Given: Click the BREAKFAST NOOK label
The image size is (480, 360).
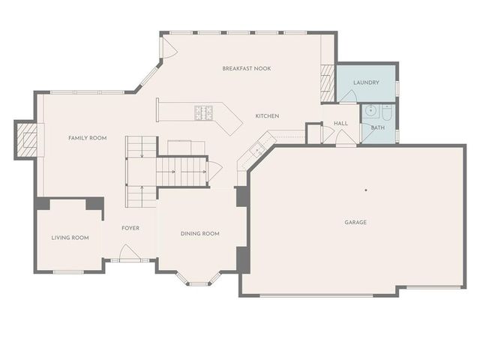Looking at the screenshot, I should (246, 68).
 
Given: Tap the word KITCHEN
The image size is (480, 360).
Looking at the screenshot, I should (267, 116).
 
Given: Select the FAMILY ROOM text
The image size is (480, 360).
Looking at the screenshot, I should (88, 138).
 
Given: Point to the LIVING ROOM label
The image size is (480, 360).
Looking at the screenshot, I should (70, 238).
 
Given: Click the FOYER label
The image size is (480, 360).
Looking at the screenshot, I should (130, 228).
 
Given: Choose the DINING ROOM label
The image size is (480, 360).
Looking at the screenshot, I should (200, 234).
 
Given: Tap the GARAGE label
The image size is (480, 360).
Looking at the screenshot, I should (355, 222).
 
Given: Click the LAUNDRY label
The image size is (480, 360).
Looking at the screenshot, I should (366, 82).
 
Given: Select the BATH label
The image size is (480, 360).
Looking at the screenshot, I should (377, 127).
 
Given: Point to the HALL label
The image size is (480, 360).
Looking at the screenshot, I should (340, 123).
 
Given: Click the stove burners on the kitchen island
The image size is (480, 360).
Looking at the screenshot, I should (204, 112).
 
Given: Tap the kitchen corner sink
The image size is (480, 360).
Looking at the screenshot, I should (257, 150).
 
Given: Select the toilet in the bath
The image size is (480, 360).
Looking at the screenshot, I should (386, 112).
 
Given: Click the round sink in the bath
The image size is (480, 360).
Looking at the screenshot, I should (370, 111).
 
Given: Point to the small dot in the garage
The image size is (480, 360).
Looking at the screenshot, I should (366, 190).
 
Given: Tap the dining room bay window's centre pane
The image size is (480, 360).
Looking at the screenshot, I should (199, 283).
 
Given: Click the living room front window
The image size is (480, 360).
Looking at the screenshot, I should (68, 271).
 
